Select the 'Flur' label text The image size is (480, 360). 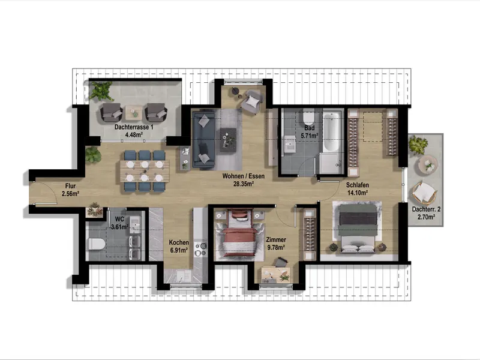pyautogui.click(x=71, y=185)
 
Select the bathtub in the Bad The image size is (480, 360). pyautogui.click(x=331, y=133)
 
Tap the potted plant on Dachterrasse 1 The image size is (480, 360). pyautogui.click(x=102, y=91)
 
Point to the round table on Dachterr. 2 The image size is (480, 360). pyautogui.click(x=428, y=164)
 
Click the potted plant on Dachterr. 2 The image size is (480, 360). pyautogui.click(x=418, y=145)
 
